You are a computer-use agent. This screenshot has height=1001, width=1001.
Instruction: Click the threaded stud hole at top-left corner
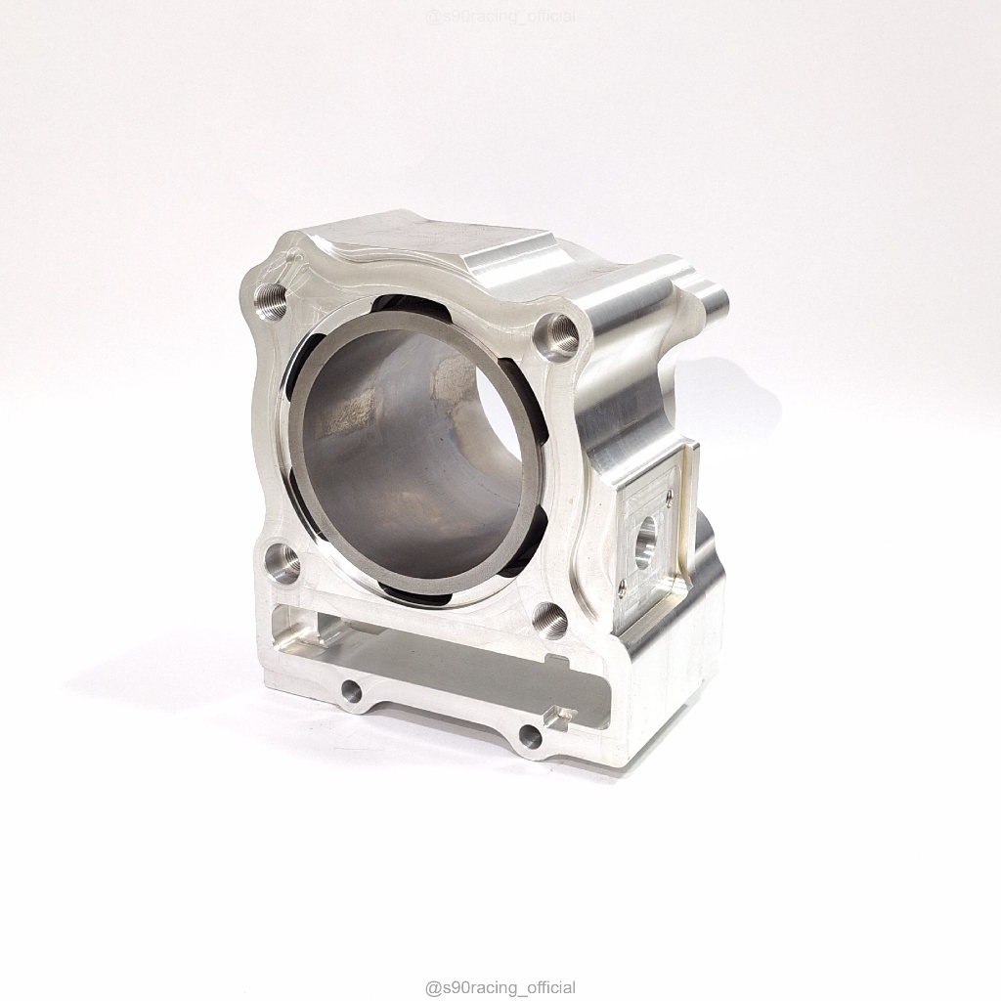coord(272,298)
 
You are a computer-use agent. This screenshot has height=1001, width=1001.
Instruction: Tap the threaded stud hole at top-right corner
coord(556,334)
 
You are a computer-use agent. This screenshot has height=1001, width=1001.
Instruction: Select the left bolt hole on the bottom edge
coord(351,689)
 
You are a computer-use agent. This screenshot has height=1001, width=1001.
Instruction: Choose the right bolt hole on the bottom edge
coord(529,735)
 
